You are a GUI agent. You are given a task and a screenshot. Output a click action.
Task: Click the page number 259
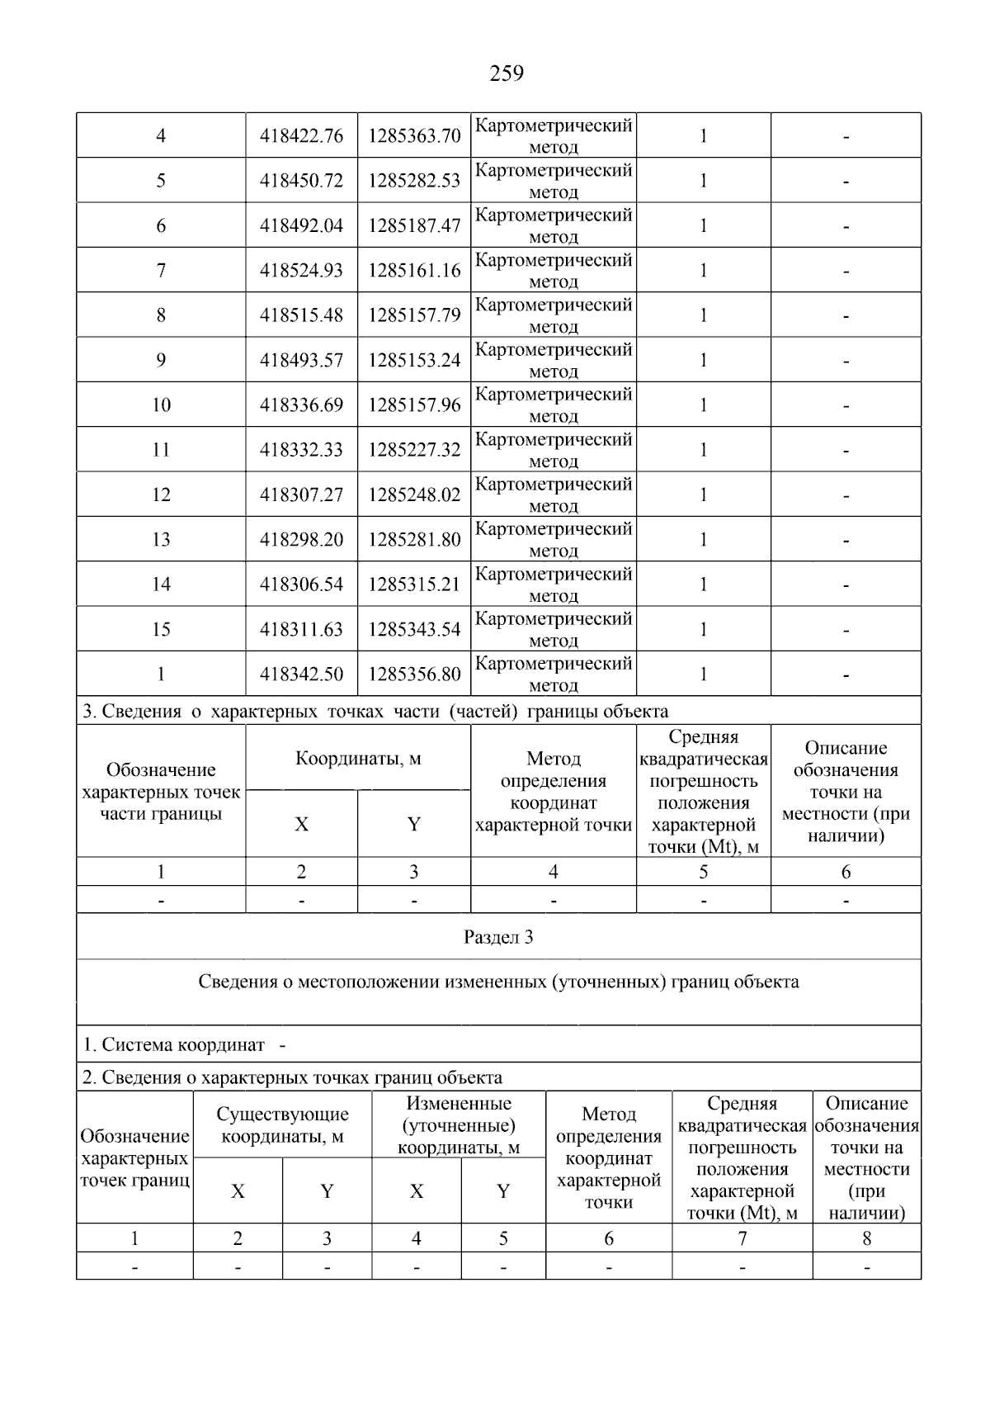(507, 74)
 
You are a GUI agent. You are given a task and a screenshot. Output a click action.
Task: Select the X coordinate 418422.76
(301, 136)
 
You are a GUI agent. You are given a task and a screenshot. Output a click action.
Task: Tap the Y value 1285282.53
(414, 181)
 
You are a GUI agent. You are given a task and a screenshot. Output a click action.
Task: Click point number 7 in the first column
(161, 271)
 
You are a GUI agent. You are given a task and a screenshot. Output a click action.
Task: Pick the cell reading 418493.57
(301, 361)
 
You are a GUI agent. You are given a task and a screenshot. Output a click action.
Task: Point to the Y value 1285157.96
(414, 405)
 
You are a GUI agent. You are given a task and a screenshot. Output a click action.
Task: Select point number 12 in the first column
(161, 495)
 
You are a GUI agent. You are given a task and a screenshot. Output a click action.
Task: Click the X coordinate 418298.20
(301, 540)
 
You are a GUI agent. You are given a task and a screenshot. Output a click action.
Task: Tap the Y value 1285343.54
(414, 630)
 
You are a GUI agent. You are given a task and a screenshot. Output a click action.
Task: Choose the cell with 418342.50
(301, 674)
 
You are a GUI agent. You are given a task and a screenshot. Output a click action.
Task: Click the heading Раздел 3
(498, 937)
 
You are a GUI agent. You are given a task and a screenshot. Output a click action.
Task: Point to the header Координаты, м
(358, 759)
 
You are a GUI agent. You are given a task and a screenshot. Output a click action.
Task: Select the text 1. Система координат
(174, 1045)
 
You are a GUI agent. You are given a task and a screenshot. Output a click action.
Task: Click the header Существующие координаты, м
(282, 1125)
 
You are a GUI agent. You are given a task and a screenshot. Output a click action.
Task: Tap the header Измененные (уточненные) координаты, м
(459, 1125)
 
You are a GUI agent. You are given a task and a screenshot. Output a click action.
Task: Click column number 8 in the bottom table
(866, 1238)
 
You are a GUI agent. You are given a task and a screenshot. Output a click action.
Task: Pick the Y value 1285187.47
(414, 226)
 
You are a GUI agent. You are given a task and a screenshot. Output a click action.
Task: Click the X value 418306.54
(301, 585)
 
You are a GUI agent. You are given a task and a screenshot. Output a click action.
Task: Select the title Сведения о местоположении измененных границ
(498, 982)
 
